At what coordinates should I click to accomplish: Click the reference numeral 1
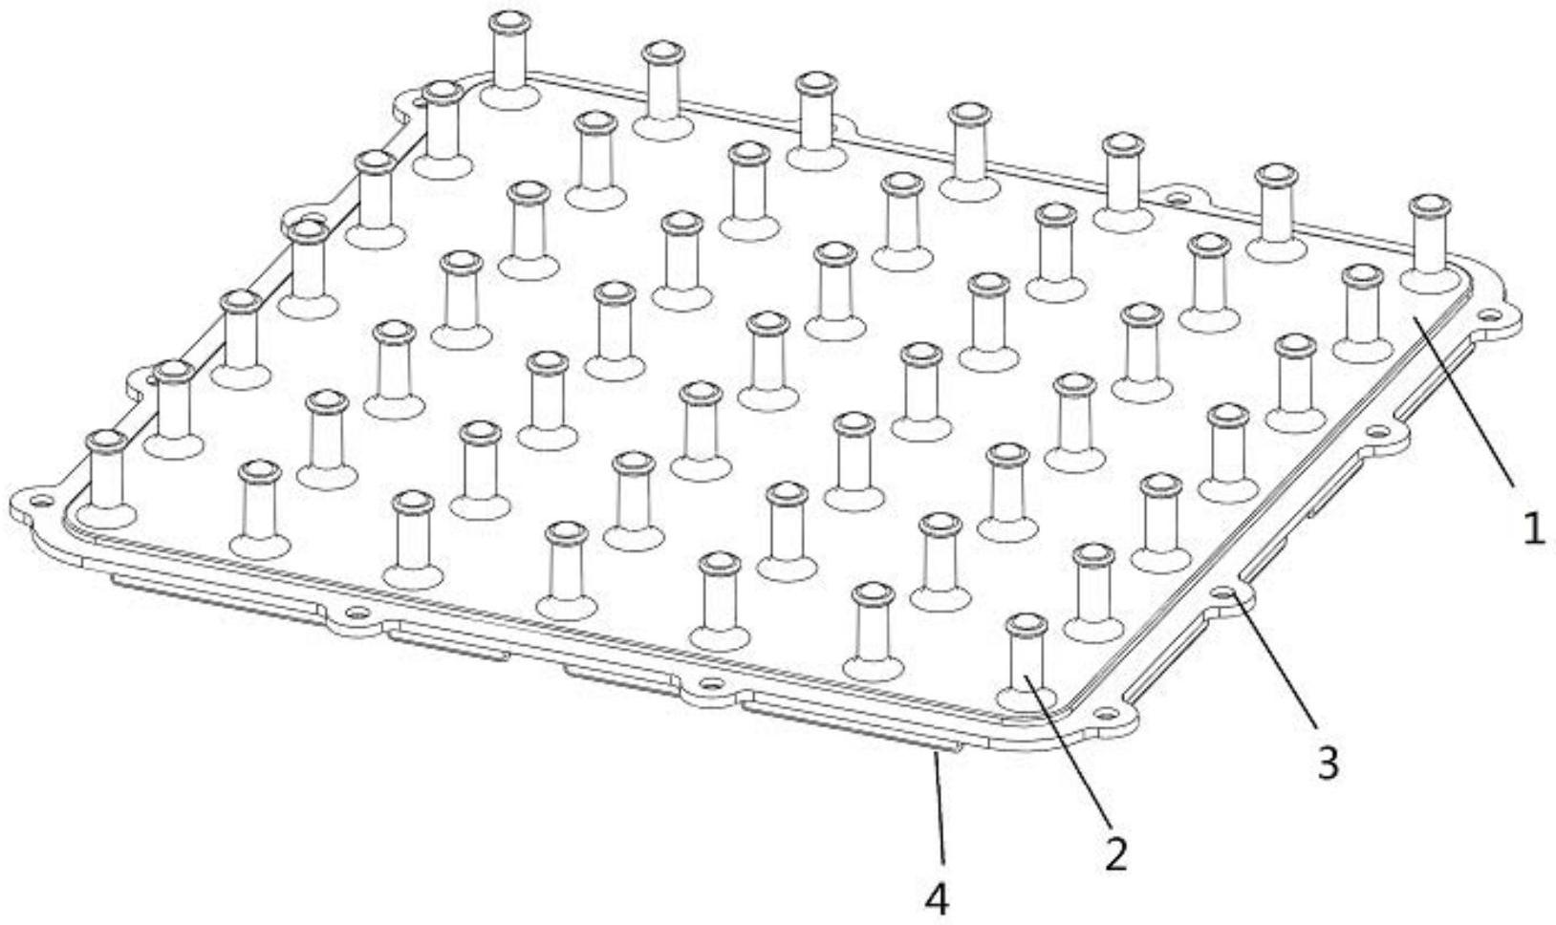[1534, 529]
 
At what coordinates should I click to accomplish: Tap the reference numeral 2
[1115, 853]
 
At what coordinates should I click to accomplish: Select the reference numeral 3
[1328, 763]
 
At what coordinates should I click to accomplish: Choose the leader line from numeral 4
[940, 811]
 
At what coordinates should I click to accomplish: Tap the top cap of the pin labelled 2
[1027, 624]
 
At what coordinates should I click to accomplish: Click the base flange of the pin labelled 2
[1027, 698]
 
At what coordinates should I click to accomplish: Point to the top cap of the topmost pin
[509, 22]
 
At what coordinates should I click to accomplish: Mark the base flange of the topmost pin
[509, 95]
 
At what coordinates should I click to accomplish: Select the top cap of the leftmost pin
[106, 441]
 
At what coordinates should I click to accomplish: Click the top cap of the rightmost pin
[1430, 205]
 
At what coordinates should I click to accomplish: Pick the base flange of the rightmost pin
[1430, 278]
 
